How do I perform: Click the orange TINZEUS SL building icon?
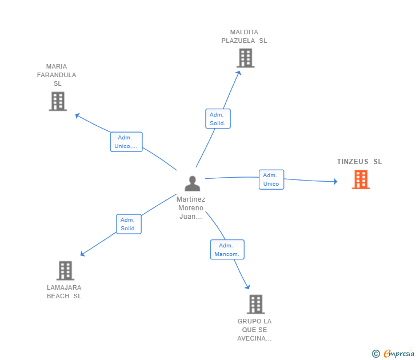click(x=361, y=179)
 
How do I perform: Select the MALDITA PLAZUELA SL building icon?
click(x=245, y=58)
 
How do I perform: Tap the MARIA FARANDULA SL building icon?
click(x=58, y=101)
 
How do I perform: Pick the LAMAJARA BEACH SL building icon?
click(x=66, y=270)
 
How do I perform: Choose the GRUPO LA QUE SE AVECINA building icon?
click(x=255, y=304)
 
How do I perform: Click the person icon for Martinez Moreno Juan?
click(x=193, y=183)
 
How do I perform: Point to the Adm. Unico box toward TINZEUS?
click(x=271, y=179)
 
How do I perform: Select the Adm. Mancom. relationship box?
click(x=227, y=250)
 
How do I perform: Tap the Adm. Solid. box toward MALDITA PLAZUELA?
click(x=218, y=119)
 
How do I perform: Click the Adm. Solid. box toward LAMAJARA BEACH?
click(x=129, y=224)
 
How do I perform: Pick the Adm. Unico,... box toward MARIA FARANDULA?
click(x=126, y=142)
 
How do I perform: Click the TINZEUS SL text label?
click(x=359, y=162)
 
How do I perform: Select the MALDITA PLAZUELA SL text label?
click(x=245, y=37)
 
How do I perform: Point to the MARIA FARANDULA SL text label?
click(x=57, y=75)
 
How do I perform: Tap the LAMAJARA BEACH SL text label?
click(x=65, y=292)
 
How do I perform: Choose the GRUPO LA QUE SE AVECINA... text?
click(x=255, y=330)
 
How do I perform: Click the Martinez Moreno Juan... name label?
click(x=191, y=208)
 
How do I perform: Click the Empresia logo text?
click(x=399, y=354)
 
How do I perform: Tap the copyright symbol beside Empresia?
click(x=376, y=354)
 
